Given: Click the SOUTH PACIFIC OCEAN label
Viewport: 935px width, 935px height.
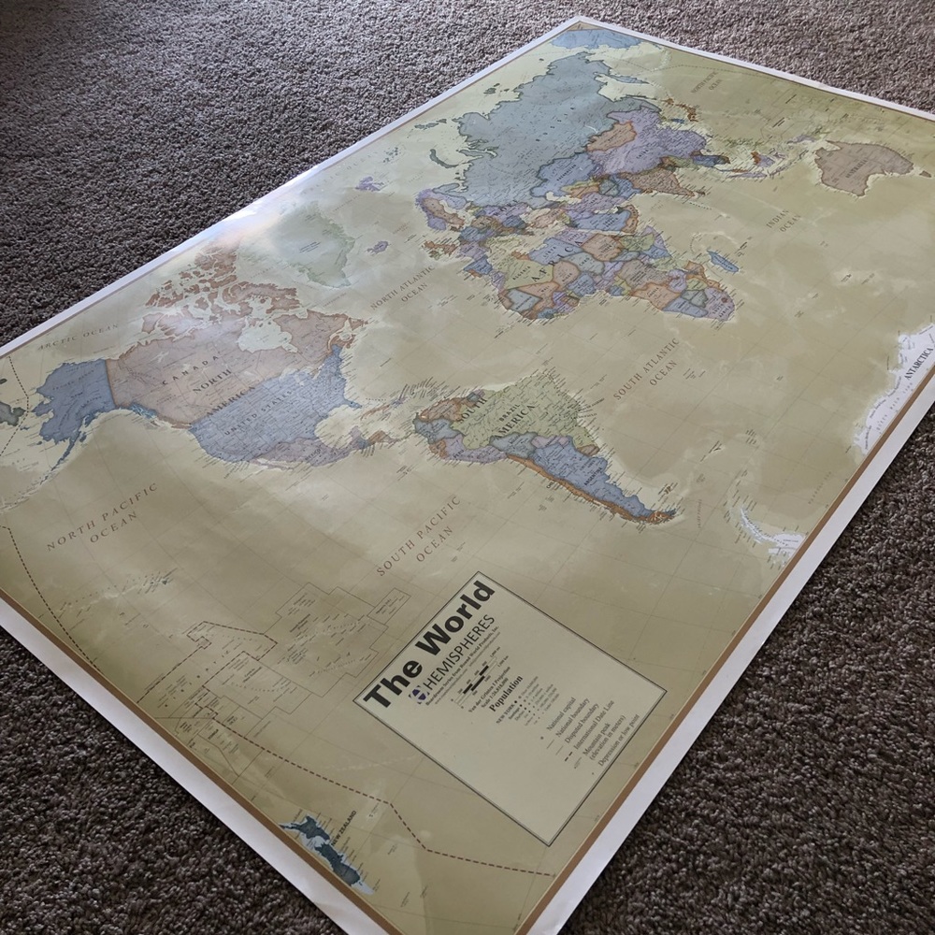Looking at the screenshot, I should [422, 538].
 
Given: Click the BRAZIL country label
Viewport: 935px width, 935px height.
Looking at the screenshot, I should [519, 407].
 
